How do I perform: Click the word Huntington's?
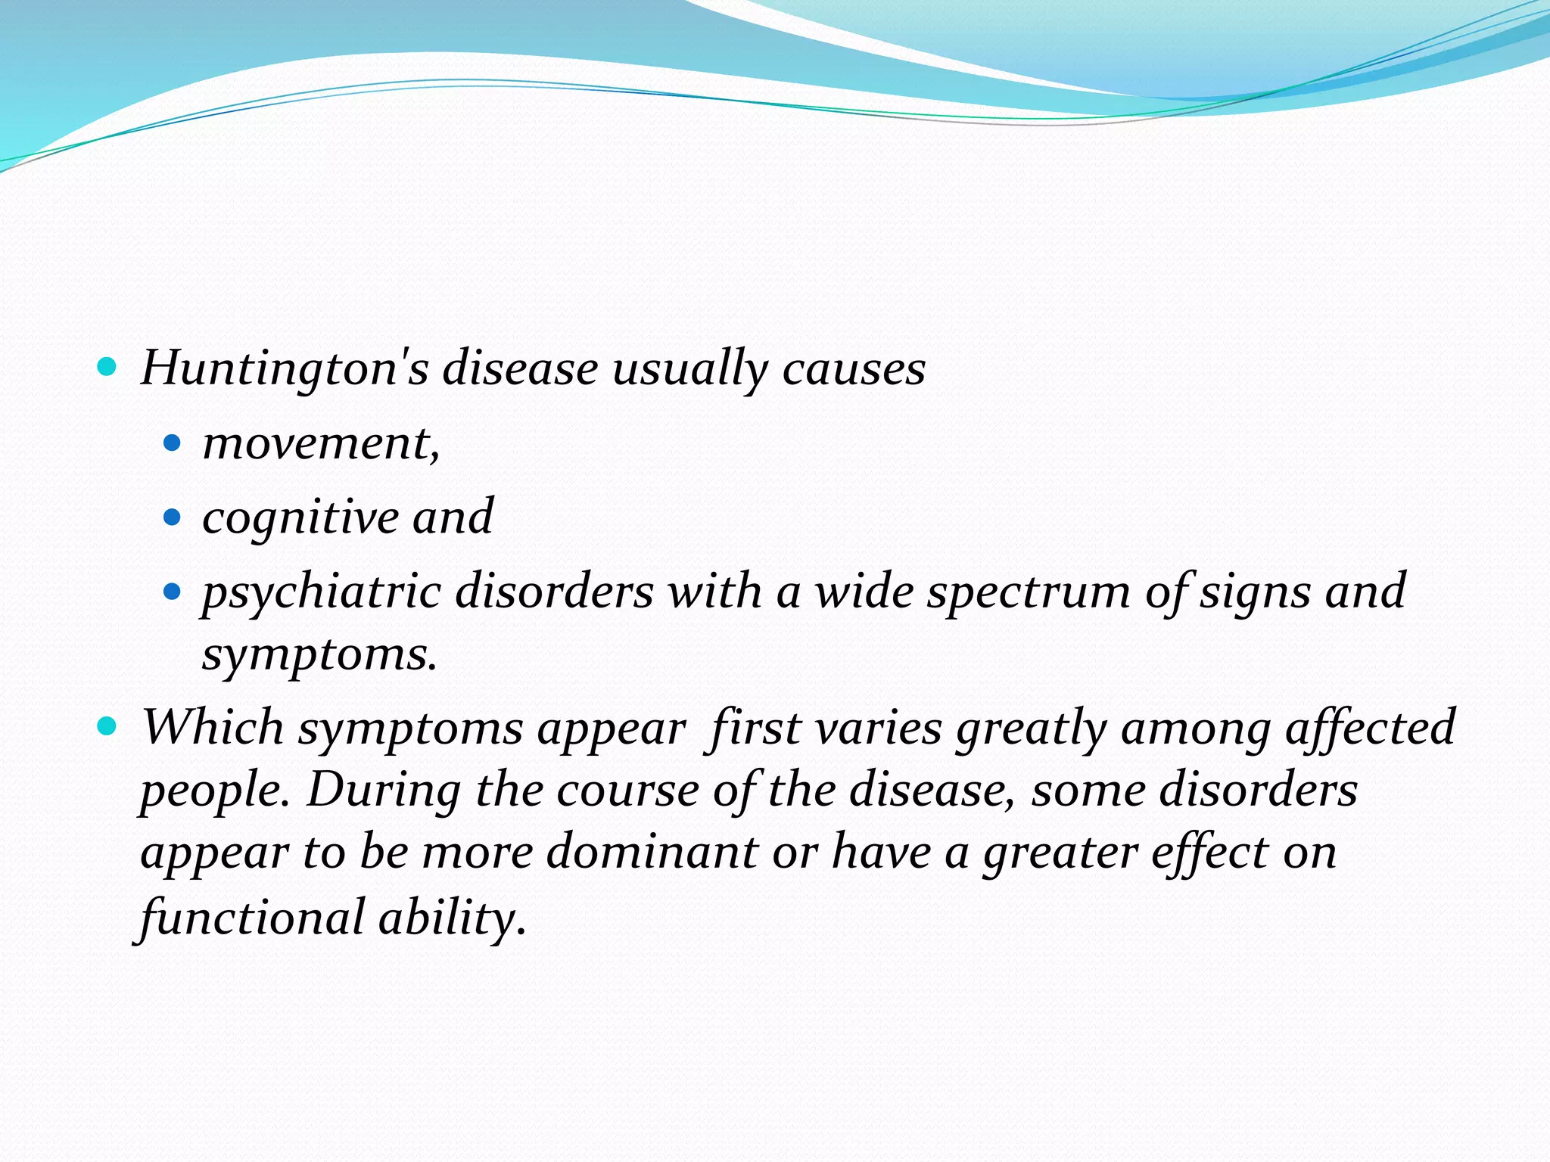click(x=285, y=368)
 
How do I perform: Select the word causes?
click(x=854, y=368)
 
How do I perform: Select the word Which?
click(x=213, y=727)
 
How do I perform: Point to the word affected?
click(x=1370, y=727)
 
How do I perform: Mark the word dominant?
click(x=652, y=852)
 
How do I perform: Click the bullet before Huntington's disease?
click(x=107, y=368)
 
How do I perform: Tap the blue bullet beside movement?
click(x=173, y=443)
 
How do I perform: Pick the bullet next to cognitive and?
click(x=173, y=517)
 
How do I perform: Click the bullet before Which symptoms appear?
click(x=107, y=727)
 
